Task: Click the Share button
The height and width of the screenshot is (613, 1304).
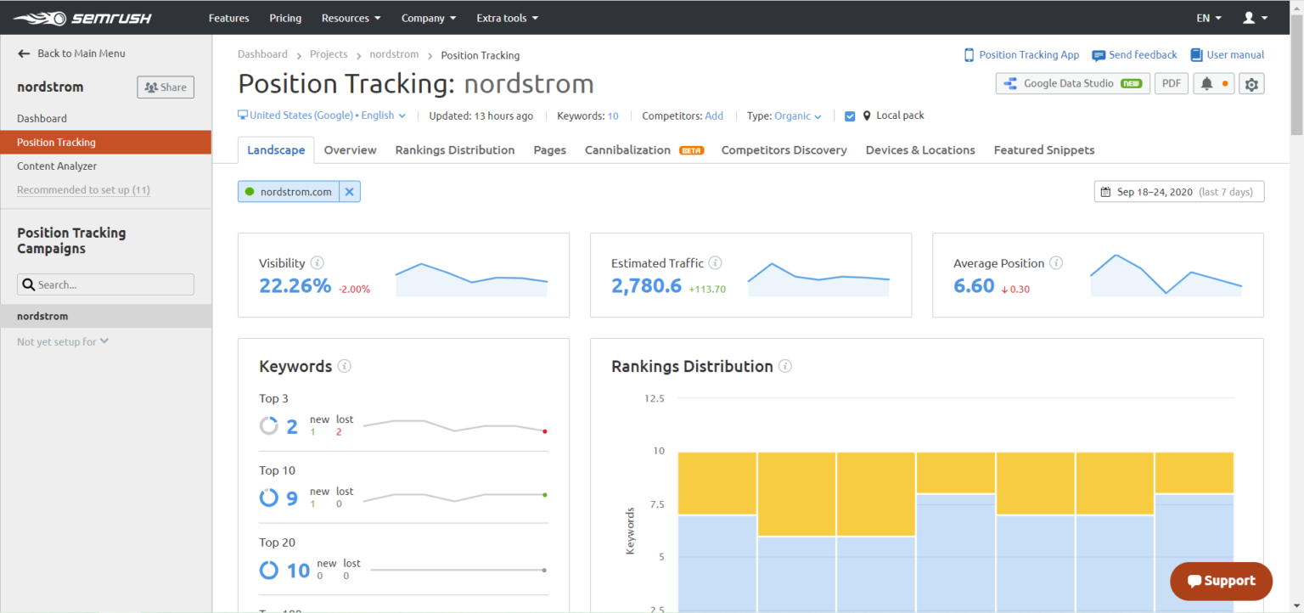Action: point(166,87)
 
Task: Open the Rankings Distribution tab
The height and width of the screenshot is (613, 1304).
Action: point(454,150)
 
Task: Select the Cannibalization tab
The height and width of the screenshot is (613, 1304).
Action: point(627,150)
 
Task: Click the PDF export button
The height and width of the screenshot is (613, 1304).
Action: point(1171,83)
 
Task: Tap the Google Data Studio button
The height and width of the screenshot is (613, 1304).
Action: point(1073,83)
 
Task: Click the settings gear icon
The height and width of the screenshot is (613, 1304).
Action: point(1251,83)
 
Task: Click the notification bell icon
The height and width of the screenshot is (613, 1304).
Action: point(1206,83)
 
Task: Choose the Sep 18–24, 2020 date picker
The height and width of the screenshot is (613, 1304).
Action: point(1178,192)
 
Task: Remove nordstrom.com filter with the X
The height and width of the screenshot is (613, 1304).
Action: point(349,192)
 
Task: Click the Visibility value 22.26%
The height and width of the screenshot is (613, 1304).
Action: point(295,286)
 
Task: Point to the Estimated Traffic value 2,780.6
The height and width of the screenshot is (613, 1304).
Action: point(646,286)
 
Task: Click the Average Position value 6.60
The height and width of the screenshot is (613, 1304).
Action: point(974,286)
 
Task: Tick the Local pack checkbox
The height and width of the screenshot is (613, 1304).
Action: point(850,116)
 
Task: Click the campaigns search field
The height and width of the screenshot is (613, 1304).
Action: point(106,284)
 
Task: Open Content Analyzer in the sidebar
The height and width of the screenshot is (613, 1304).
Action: point(57,166)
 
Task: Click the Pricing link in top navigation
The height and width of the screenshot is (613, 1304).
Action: point(285,18)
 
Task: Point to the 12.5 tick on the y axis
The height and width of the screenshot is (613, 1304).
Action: point(654,398)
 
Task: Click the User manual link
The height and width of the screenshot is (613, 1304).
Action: point(1227,55)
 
